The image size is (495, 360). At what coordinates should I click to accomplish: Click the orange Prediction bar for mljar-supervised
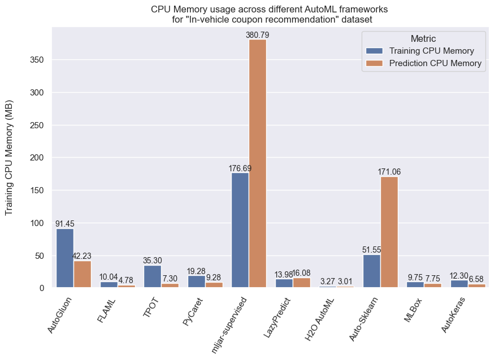pyautogui.click(x=258, y=163)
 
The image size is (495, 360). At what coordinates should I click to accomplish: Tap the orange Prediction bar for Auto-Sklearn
pyautogui.click(x=389, y=232)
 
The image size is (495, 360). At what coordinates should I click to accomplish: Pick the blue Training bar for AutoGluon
pyautogui.click(x=65, y=258)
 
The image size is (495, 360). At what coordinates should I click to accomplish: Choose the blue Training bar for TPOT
pyautogui.click(x=153, y=276)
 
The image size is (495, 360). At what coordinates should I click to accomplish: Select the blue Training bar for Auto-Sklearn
pyautogui.click(x=372, y=271)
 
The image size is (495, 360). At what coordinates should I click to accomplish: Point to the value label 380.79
pyautogui.click(x=258, y=35)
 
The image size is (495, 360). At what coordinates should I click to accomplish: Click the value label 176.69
pyautogui.click(x=240, y=168)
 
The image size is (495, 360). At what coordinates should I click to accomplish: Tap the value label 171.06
pyautogui.click(x=389, y=172)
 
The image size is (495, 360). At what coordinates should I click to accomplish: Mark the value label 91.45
pyautogui.click(x=65, y=224)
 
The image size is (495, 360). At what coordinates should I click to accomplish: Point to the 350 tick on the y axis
pyautogui.click(x=37, y=60)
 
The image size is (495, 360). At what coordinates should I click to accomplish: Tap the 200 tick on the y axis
pyautogui.click(x=37, y=158)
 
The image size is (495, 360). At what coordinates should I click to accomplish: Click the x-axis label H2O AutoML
pyautogui.click(x=320, y=317)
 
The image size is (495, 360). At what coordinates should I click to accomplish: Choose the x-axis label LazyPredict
pyautogui.click(x=277, y=316)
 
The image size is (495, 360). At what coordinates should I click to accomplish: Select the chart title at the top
pyautogui.click(x=270, y=14)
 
